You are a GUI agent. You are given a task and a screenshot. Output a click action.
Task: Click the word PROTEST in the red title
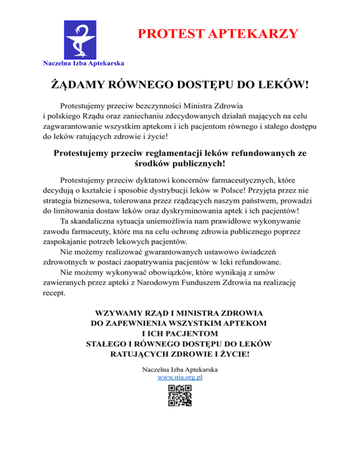pos(163,34)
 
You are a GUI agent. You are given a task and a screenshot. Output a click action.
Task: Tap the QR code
pos(180,395)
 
